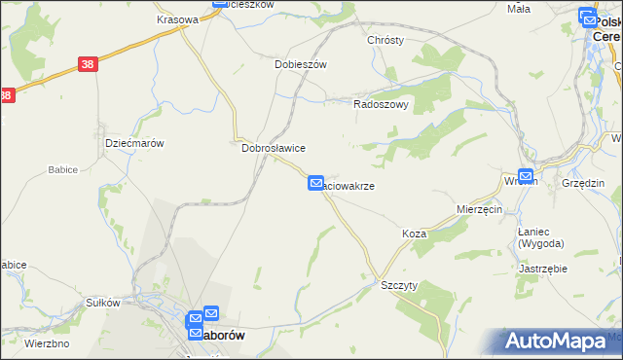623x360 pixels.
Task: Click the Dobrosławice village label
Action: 274,148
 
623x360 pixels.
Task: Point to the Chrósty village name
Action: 385,41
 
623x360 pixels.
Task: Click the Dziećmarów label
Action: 133,143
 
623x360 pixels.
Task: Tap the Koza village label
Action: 415,234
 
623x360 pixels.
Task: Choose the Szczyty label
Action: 399,285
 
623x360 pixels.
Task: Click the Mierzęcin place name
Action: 479,209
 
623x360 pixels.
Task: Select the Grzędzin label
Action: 583,183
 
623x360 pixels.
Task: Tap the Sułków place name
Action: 102,303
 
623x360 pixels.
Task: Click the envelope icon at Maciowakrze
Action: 315,183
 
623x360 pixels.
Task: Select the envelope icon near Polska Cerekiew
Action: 587,17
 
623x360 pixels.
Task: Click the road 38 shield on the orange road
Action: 89,64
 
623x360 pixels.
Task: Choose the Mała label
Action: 518,9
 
